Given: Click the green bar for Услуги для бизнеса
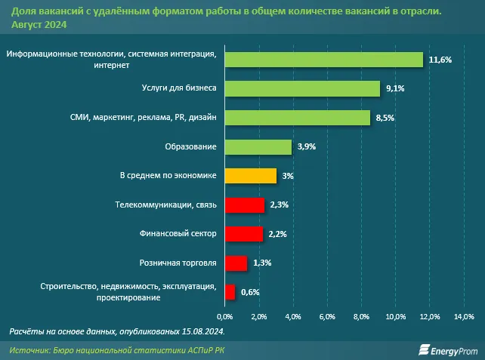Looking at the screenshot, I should click(302, 88).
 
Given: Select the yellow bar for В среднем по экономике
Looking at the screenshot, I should click(251, 176).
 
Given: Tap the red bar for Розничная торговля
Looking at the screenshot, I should click(236, 263).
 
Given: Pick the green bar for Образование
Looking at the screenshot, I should click(258, 146).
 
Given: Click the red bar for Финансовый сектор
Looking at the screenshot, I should click(243, 234).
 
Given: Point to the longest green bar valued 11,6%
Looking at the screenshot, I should click(323, 59).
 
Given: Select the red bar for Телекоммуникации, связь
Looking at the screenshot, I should click(244, 205).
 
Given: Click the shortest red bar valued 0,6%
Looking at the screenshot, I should click(230, 292).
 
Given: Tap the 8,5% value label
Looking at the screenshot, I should click(385, 118).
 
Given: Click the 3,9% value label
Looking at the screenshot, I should click(307, 146).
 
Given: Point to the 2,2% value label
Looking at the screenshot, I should click(278, 234).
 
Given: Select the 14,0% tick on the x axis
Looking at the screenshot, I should click(463, 315).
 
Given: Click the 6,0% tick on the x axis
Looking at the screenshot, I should click(327, 315).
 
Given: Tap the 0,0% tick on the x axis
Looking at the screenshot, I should click(225, 315).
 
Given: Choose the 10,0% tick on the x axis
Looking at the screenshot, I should click(395, 315).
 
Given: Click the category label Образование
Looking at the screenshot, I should click(191, 146).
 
